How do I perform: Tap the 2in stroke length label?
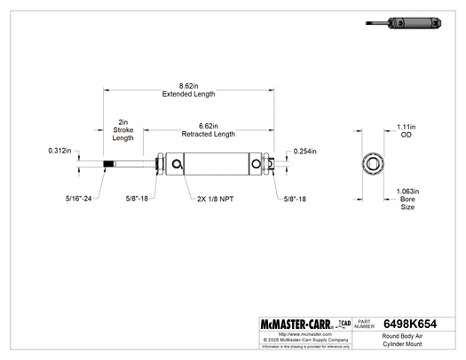point(123,129)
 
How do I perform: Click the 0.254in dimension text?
point(304,153)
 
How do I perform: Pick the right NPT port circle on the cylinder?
point(258,164)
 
